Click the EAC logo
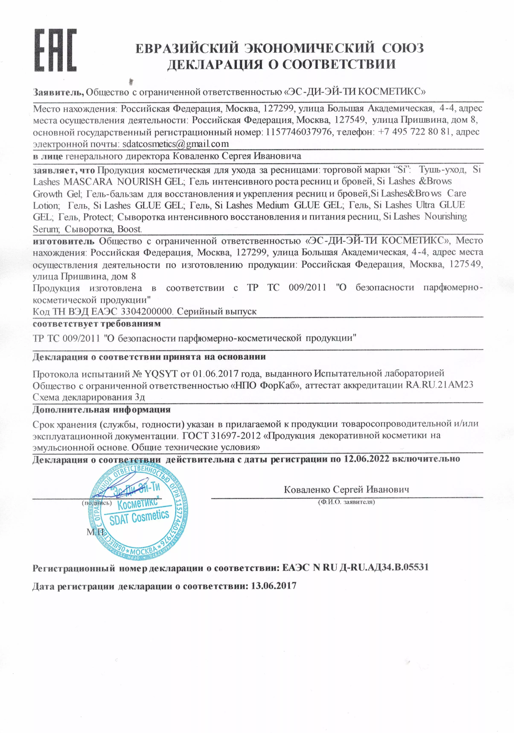[55, 50]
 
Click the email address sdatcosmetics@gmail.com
[176, 144]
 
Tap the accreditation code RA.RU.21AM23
[439, 385]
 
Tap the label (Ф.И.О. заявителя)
[346, 502]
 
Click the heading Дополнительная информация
[102, 410]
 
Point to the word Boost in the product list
[129, 229]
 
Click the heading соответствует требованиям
[97, 324]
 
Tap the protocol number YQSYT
[161, 374]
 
